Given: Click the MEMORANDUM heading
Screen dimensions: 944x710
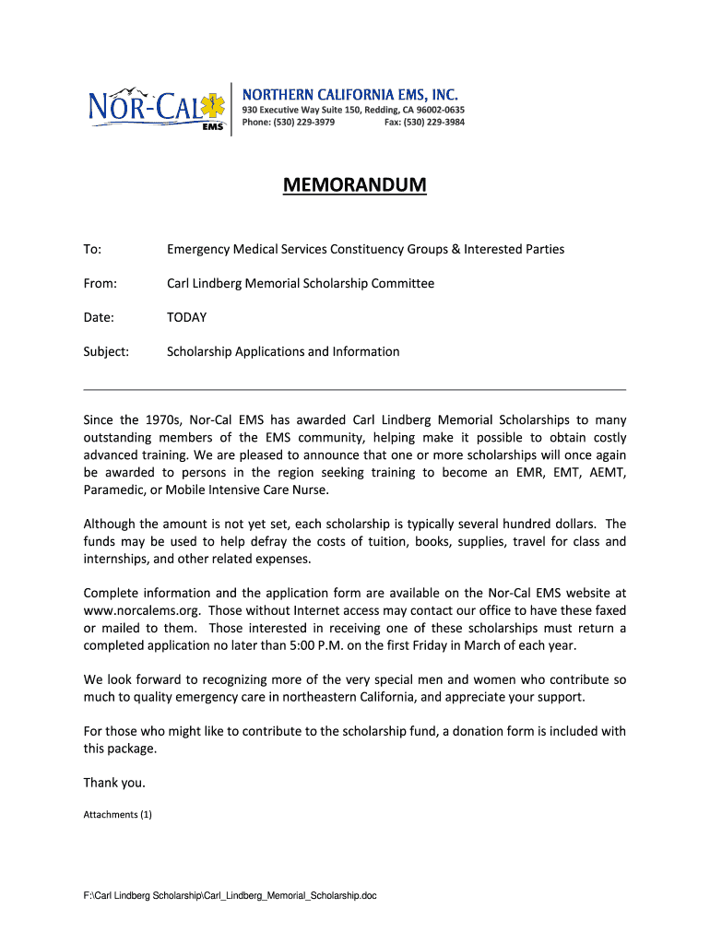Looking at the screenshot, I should [x=354, y=186].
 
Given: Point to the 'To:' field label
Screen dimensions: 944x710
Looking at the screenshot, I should [x=92, y=250].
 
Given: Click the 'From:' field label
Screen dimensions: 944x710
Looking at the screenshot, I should [x=100, y=284].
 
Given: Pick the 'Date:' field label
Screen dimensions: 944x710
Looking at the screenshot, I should [x=99, y=318].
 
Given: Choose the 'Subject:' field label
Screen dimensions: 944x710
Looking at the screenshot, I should [x=106, y=352].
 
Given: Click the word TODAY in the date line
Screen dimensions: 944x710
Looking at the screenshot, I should [x=186, y=318].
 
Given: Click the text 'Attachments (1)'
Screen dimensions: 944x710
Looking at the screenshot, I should [x=117, y=815].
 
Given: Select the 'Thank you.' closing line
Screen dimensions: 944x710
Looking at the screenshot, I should [x=114, y=784].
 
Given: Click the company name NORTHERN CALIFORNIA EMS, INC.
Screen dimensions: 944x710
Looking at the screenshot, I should [x=349, y=95].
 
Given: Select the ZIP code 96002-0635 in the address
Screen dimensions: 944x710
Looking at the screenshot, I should [x=435, y=110].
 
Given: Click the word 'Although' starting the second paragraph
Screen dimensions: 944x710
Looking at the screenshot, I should [x=112, y=525].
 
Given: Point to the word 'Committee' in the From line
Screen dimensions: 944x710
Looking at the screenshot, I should [x=401, y=284].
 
